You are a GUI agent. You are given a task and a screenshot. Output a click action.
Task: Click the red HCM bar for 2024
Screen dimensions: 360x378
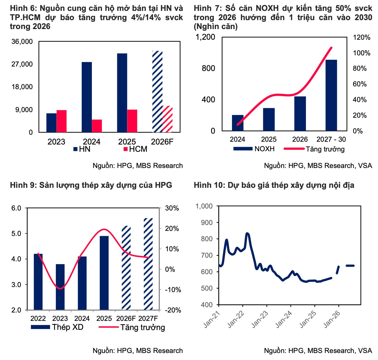pos(97,126)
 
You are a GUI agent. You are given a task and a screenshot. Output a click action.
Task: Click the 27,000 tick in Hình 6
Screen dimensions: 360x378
pos(22,64)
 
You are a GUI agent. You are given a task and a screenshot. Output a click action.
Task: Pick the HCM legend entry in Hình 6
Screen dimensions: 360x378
pos(135,149)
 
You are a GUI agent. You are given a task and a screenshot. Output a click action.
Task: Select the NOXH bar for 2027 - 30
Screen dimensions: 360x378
pos(331,95)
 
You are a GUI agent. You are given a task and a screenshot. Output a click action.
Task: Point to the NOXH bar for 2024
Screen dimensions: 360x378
pos(238,123)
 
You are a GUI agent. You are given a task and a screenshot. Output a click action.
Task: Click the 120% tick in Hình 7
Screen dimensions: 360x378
pos(362,37)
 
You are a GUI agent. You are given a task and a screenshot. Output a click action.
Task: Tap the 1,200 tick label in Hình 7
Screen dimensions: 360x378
pos(205,37)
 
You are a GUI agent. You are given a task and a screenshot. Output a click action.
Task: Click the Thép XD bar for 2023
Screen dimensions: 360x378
pos(60,287)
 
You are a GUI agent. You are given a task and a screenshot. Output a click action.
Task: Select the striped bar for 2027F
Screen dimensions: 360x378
pos(148,264)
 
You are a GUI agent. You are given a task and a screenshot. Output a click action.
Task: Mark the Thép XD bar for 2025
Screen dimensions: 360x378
pos(104,273)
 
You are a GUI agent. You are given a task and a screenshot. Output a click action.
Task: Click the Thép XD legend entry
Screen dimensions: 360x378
pos(57,327)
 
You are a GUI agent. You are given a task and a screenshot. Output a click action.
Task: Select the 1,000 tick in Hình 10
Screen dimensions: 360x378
pos(204,206)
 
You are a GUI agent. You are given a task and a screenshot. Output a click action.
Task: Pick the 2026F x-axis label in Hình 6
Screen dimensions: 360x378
pos(162,142)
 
